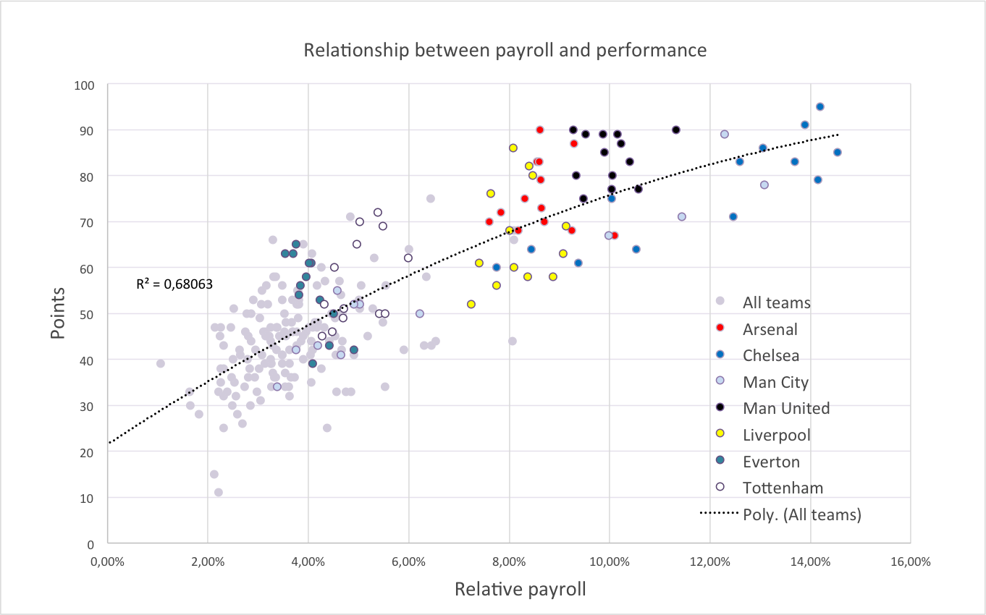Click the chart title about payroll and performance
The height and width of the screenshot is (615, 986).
(505, 50)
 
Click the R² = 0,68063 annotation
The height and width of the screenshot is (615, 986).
(174, 284)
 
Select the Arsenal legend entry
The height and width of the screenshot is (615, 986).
(770, 329)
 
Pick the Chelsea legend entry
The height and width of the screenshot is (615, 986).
(770, 356)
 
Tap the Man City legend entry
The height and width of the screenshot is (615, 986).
(775, 382)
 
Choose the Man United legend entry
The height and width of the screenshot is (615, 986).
(785, 408)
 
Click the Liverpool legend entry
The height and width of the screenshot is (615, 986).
(776, 435)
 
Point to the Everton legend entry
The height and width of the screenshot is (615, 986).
(772, 462)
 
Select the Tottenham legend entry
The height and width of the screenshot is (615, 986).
(783, 488)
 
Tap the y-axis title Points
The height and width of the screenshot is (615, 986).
(58, 314)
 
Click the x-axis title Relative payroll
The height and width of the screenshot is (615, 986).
(520, 589)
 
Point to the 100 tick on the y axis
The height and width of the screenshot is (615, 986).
(85, 85)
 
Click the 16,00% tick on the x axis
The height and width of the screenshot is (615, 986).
(910, 561)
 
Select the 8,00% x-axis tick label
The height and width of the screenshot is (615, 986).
(509, 561)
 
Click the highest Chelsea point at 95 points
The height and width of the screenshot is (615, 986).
(820, 107)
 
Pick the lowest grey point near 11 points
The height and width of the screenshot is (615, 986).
(219, 492)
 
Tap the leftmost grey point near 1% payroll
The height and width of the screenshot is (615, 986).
(161, 363)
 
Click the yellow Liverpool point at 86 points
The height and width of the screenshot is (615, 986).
(513, 148)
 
